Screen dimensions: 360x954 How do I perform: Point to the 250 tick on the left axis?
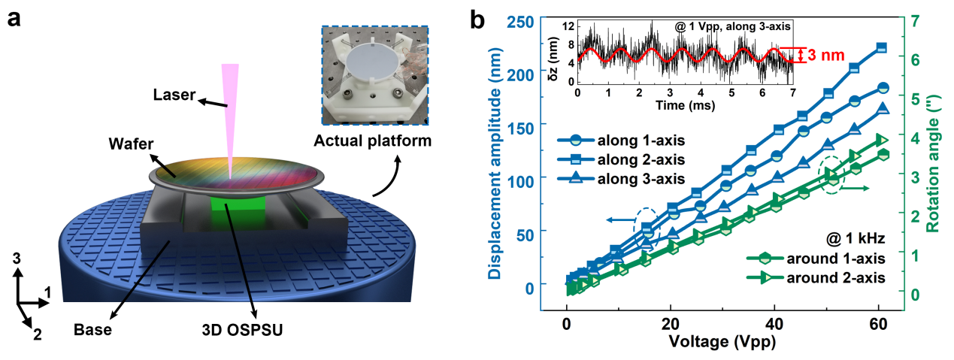(x=525, y=20)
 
